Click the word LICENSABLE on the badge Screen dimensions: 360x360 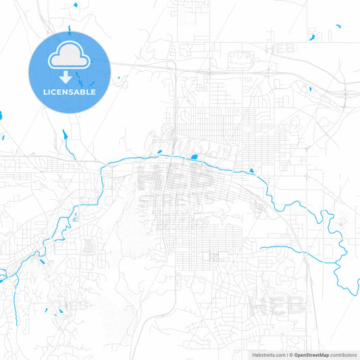[x=70, y=91]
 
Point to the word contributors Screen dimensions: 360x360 [x=344, y=354]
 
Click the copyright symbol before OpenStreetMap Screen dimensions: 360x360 [x=290, y=354]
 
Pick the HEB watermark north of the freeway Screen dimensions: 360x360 [x=281, y=48]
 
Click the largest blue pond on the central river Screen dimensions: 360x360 [x=194, y=158]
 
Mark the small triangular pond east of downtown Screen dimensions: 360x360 [x=251, y=171]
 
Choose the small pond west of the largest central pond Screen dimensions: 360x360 [x=159, y=152]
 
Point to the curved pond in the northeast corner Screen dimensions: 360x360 [x=312, y=34]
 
